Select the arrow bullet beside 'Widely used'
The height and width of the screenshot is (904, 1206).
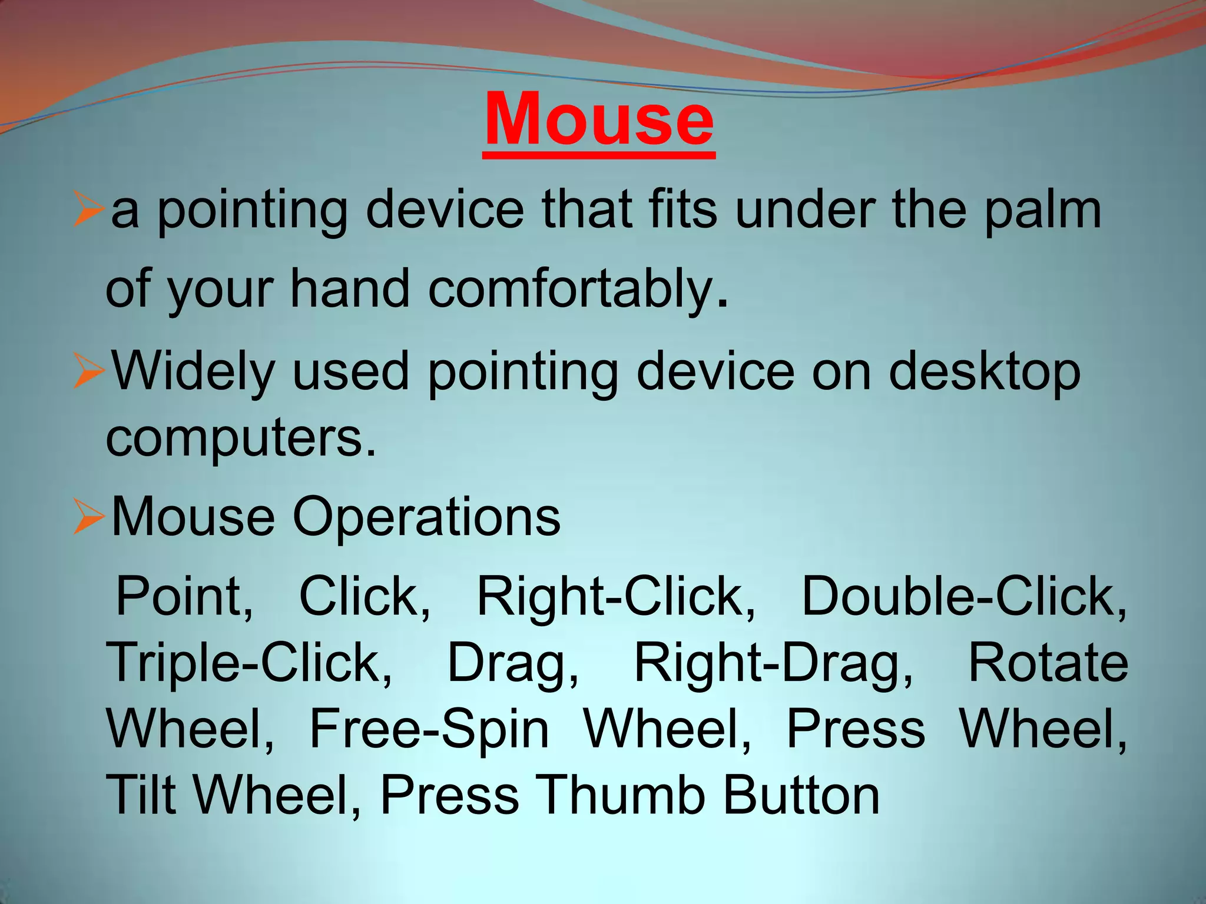[x=89, y=372]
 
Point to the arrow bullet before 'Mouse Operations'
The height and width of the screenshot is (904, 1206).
[x=89, y=517]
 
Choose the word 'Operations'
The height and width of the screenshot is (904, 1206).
[x=426, y=517]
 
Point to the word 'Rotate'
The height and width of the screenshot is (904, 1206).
[x=1048, y=663]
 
